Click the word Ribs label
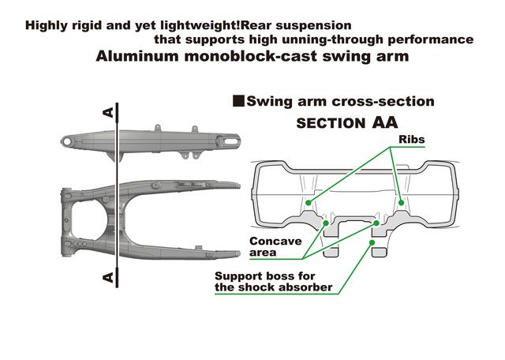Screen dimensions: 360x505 click(412, 140)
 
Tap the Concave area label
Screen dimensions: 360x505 click(275, 246)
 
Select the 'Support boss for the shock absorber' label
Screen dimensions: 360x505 click(273, 282)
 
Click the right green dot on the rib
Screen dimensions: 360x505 click(402, 203)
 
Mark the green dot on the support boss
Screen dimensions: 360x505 click(372, 243)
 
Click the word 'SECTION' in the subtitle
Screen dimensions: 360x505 click(327, 124)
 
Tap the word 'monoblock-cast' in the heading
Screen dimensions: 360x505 click(249, 57)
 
